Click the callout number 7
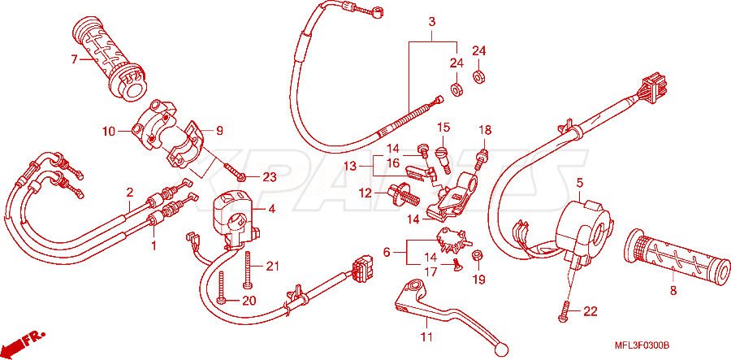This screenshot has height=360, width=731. pos(74,59)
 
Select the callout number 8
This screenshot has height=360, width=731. pos(673,290)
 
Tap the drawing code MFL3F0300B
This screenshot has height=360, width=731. pos(642,346)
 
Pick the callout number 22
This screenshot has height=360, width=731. pos(590,312)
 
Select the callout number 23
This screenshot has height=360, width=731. pos(270,177)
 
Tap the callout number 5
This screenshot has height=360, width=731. pos(579,184)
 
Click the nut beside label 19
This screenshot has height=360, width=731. pos(478,255)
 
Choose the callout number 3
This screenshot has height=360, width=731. pos(432,21)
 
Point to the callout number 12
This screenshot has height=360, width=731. pos(365,192)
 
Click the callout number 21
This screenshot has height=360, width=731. pos(272,267)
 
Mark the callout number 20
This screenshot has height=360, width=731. pos(249,301)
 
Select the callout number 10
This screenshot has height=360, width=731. pos(109,132)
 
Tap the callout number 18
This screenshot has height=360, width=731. pos(484,130)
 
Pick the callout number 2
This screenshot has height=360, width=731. pos(130,192)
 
